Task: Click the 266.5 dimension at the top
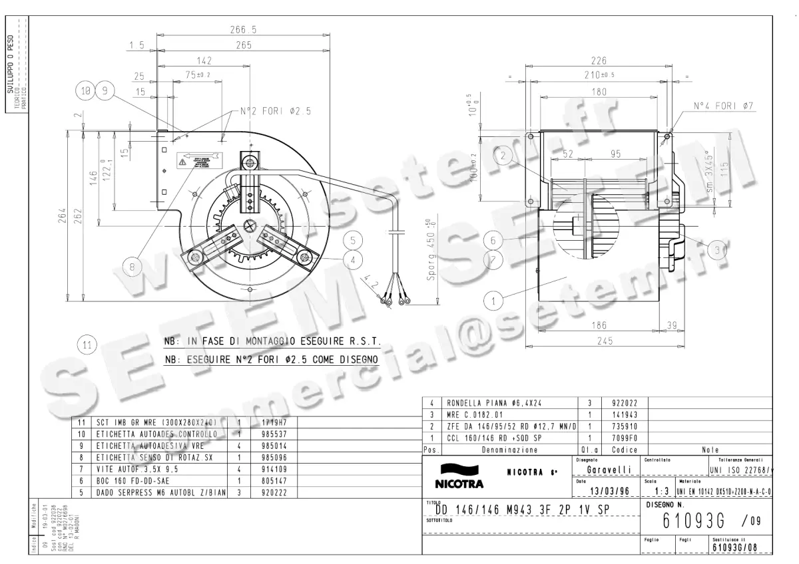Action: point(243,29)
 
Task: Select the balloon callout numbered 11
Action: point(87,345)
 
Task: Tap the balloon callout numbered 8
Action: point(133,267)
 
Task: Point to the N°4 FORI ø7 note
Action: point(723,106)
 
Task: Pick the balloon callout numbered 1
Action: point(493,301)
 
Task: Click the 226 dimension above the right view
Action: point(599,61)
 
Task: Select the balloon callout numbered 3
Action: point(718,250)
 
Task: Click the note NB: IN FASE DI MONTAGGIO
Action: point(272,342)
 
